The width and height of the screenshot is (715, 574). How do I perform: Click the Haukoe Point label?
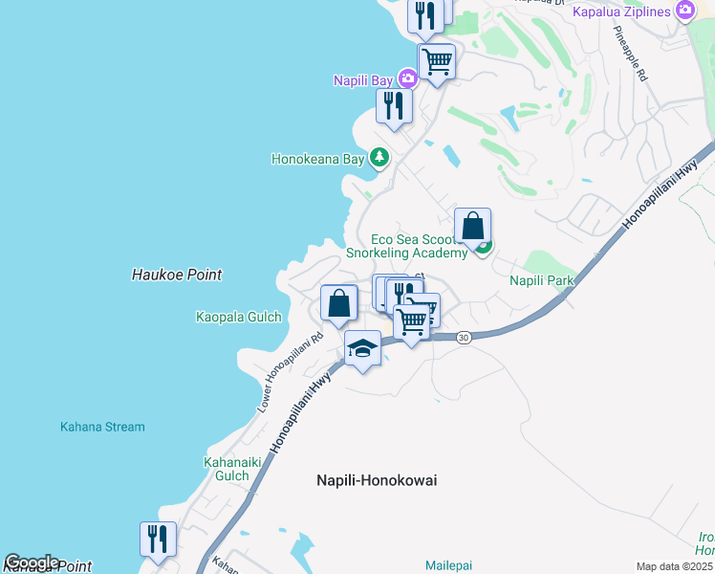point(176,275)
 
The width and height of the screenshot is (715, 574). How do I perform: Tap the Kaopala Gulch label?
point(238,317)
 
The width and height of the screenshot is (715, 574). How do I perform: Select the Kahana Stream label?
point(102,427)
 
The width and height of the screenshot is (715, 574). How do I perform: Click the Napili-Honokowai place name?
point(376,480)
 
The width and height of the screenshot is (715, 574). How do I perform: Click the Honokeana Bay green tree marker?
point(379,158)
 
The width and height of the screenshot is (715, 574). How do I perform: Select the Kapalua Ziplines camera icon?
point(684,11)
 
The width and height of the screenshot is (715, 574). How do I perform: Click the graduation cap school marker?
point(363,349)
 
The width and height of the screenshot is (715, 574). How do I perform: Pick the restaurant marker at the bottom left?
point(158,539)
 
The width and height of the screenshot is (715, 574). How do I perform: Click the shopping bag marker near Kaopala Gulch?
point(338,303)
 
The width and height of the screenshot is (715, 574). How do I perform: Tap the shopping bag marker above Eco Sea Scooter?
point(472,226)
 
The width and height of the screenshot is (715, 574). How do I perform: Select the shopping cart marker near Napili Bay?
point(437,61)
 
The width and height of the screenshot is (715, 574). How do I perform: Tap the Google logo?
point(32,563)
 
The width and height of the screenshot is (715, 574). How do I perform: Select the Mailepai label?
point(448,565)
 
